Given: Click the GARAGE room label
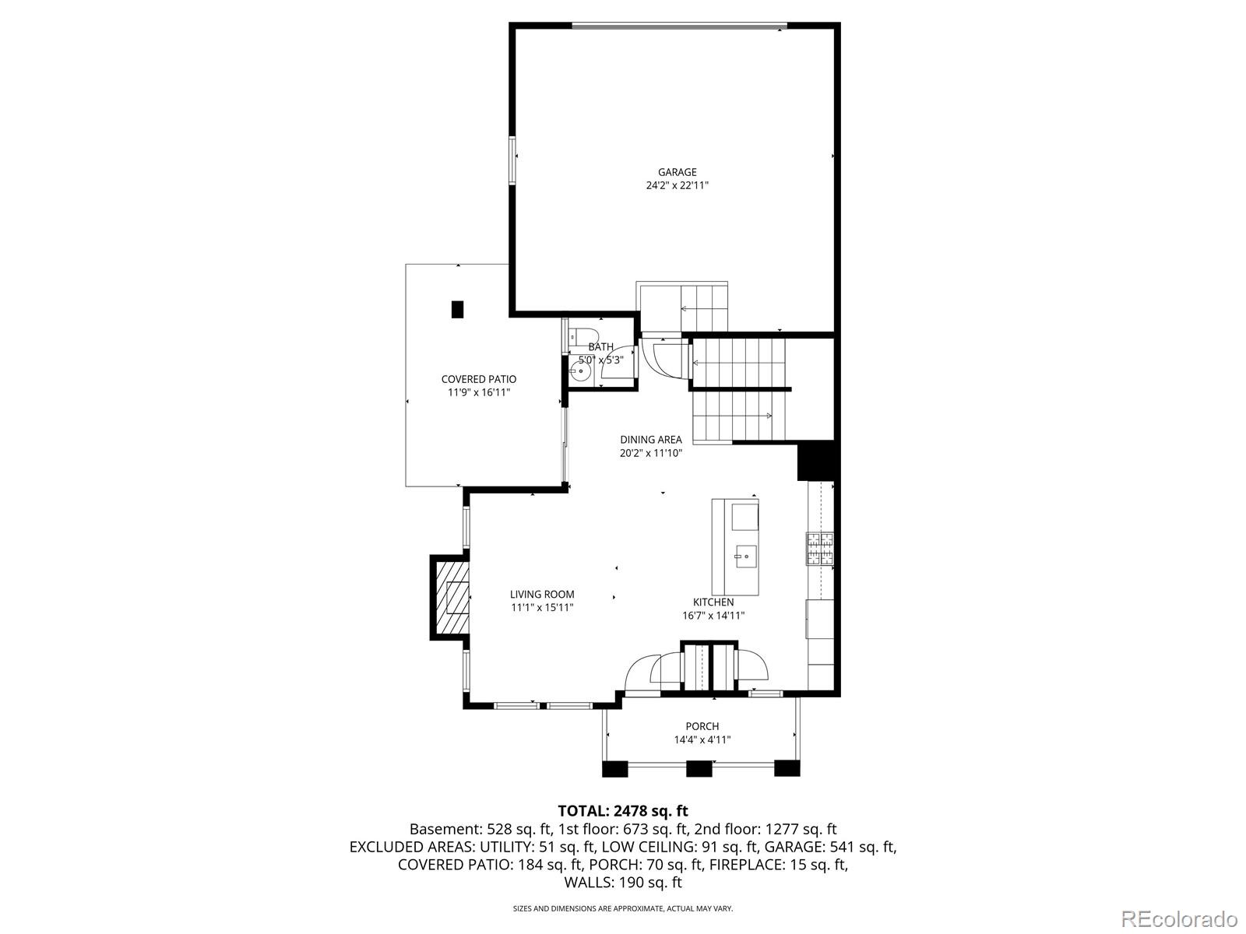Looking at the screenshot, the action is (678, 172).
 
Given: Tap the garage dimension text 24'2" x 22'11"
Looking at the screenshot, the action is (678, 185).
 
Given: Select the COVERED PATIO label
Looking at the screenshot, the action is (478, 379).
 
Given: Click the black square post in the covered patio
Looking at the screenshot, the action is (457, 309).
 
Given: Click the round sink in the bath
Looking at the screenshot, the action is (581, 372).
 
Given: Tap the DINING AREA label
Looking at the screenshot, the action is (650, 440).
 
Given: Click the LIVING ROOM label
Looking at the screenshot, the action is (541, 595).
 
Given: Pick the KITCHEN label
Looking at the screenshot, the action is (713, 602).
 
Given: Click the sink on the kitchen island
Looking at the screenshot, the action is (746, 557).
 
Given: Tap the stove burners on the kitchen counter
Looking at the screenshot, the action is (820, 549).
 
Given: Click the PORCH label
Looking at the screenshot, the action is (702, 726).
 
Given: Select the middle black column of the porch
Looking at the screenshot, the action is (699, 768).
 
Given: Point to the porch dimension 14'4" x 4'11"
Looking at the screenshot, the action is (702, 740).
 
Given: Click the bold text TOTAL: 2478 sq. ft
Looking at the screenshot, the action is (623, 811).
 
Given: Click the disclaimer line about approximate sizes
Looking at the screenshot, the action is (623, 908).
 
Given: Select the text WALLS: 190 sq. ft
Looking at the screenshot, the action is (623, 883).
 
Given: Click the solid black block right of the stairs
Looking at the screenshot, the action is (815, 461).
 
